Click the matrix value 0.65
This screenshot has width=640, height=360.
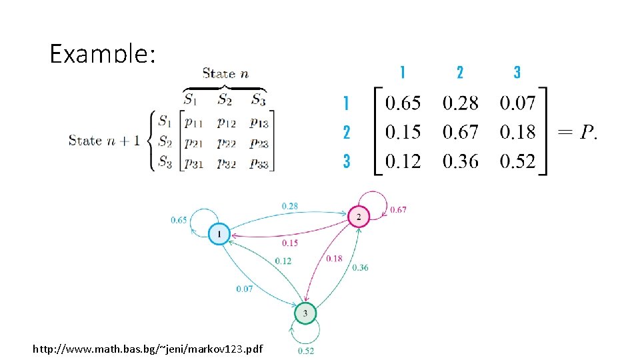click(x=403, y=103)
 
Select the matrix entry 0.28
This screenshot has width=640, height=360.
click(x=460, y=103)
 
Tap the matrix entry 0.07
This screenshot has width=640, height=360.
click(x=517, y=103)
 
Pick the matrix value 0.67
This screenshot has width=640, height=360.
click(x=460, y=132)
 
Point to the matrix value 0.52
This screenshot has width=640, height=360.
click(x=517, y=161)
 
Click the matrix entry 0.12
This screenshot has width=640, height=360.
click(x=403, y=161)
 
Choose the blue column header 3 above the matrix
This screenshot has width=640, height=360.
click(x=517, y=72)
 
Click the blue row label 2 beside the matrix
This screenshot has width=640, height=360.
click(x=346, y=132)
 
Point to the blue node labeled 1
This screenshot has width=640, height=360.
click(x=219, y=234)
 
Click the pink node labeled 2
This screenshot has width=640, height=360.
click(x=359, y=217)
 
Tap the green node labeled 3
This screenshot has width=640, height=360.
click(x=305, y=313)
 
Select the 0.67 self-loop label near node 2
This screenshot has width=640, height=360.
click(x=398, y=210)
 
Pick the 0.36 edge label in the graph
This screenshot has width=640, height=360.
click(x=360, y=267)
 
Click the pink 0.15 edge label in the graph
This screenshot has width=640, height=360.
click(x=290, y=243)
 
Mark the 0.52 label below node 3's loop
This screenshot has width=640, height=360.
click(x=306, y=351)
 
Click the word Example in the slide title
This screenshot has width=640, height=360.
click(x=101, y=53)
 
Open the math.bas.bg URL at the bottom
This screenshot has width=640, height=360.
click(x=147, y=349)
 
